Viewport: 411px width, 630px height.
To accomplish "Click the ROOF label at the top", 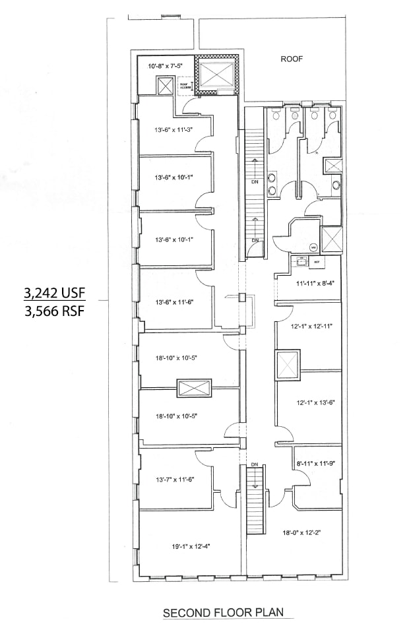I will coord(291,59).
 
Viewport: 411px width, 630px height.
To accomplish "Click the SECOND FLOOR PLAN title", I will coord(228,613).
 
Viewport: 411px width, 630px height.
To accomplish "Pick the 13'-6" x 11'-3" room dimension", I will coord(174,129).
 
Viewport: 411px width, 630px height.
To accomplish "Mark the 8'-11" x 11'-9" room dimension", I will coord(315,464).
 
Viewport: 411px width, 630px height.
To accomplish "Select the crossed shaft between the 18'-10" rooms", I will coord(194,389).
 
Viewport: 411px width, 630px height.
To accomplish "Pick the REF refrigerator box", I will coord(317,262).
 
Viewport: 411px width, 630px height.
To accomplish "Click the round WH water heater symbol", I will coord(313,247).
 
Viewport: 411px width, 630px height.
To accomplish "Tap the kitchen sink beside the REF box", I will coord(301,262).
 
